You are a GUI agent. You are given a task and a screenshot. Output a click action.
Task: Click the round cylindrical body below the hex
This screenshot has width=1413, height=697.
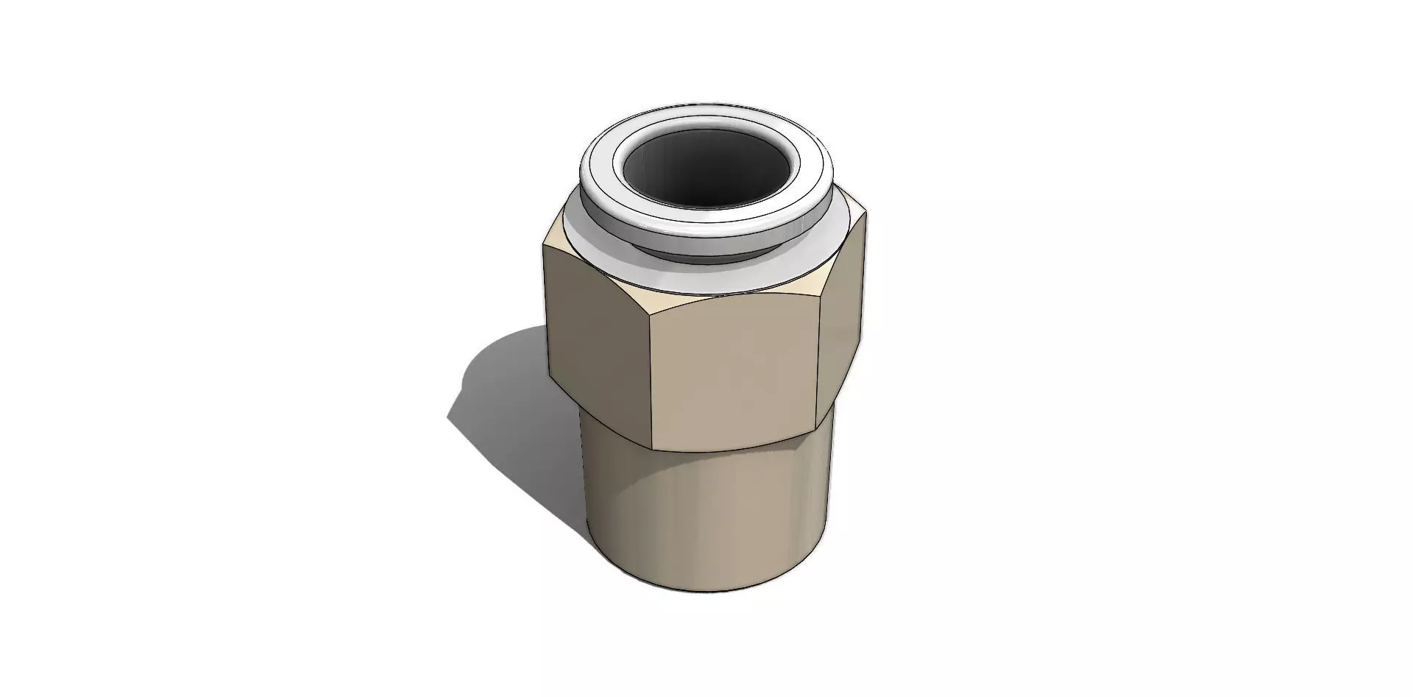[706, 515]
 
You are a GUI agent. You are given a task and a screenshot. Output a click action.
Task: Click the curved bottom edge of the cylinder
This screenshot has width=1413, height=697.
[706, 593]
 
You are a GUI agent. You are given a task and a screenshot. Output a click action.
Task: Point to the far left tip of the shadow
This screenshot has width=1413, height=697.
[448, 418]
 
